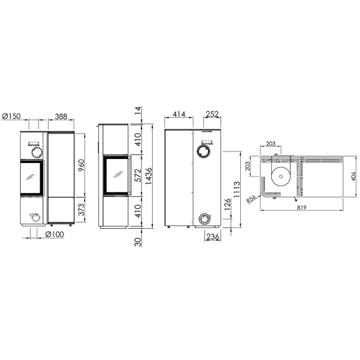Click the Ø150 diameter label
tap(11, 116)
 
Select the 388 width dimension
tap(61, 116)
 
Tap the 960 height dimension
tap(81, 165)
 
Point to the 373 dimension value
tap(81, 210)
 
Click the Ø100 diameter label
tap(55, 234)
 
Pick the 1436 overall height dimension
tap(148, 176)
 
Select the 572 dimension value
tap(138, 176)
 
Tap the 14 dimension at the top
tap(138, 111)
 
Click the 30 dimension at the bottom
tap(138, 242)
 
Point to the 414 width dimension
tap(179, 114)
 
